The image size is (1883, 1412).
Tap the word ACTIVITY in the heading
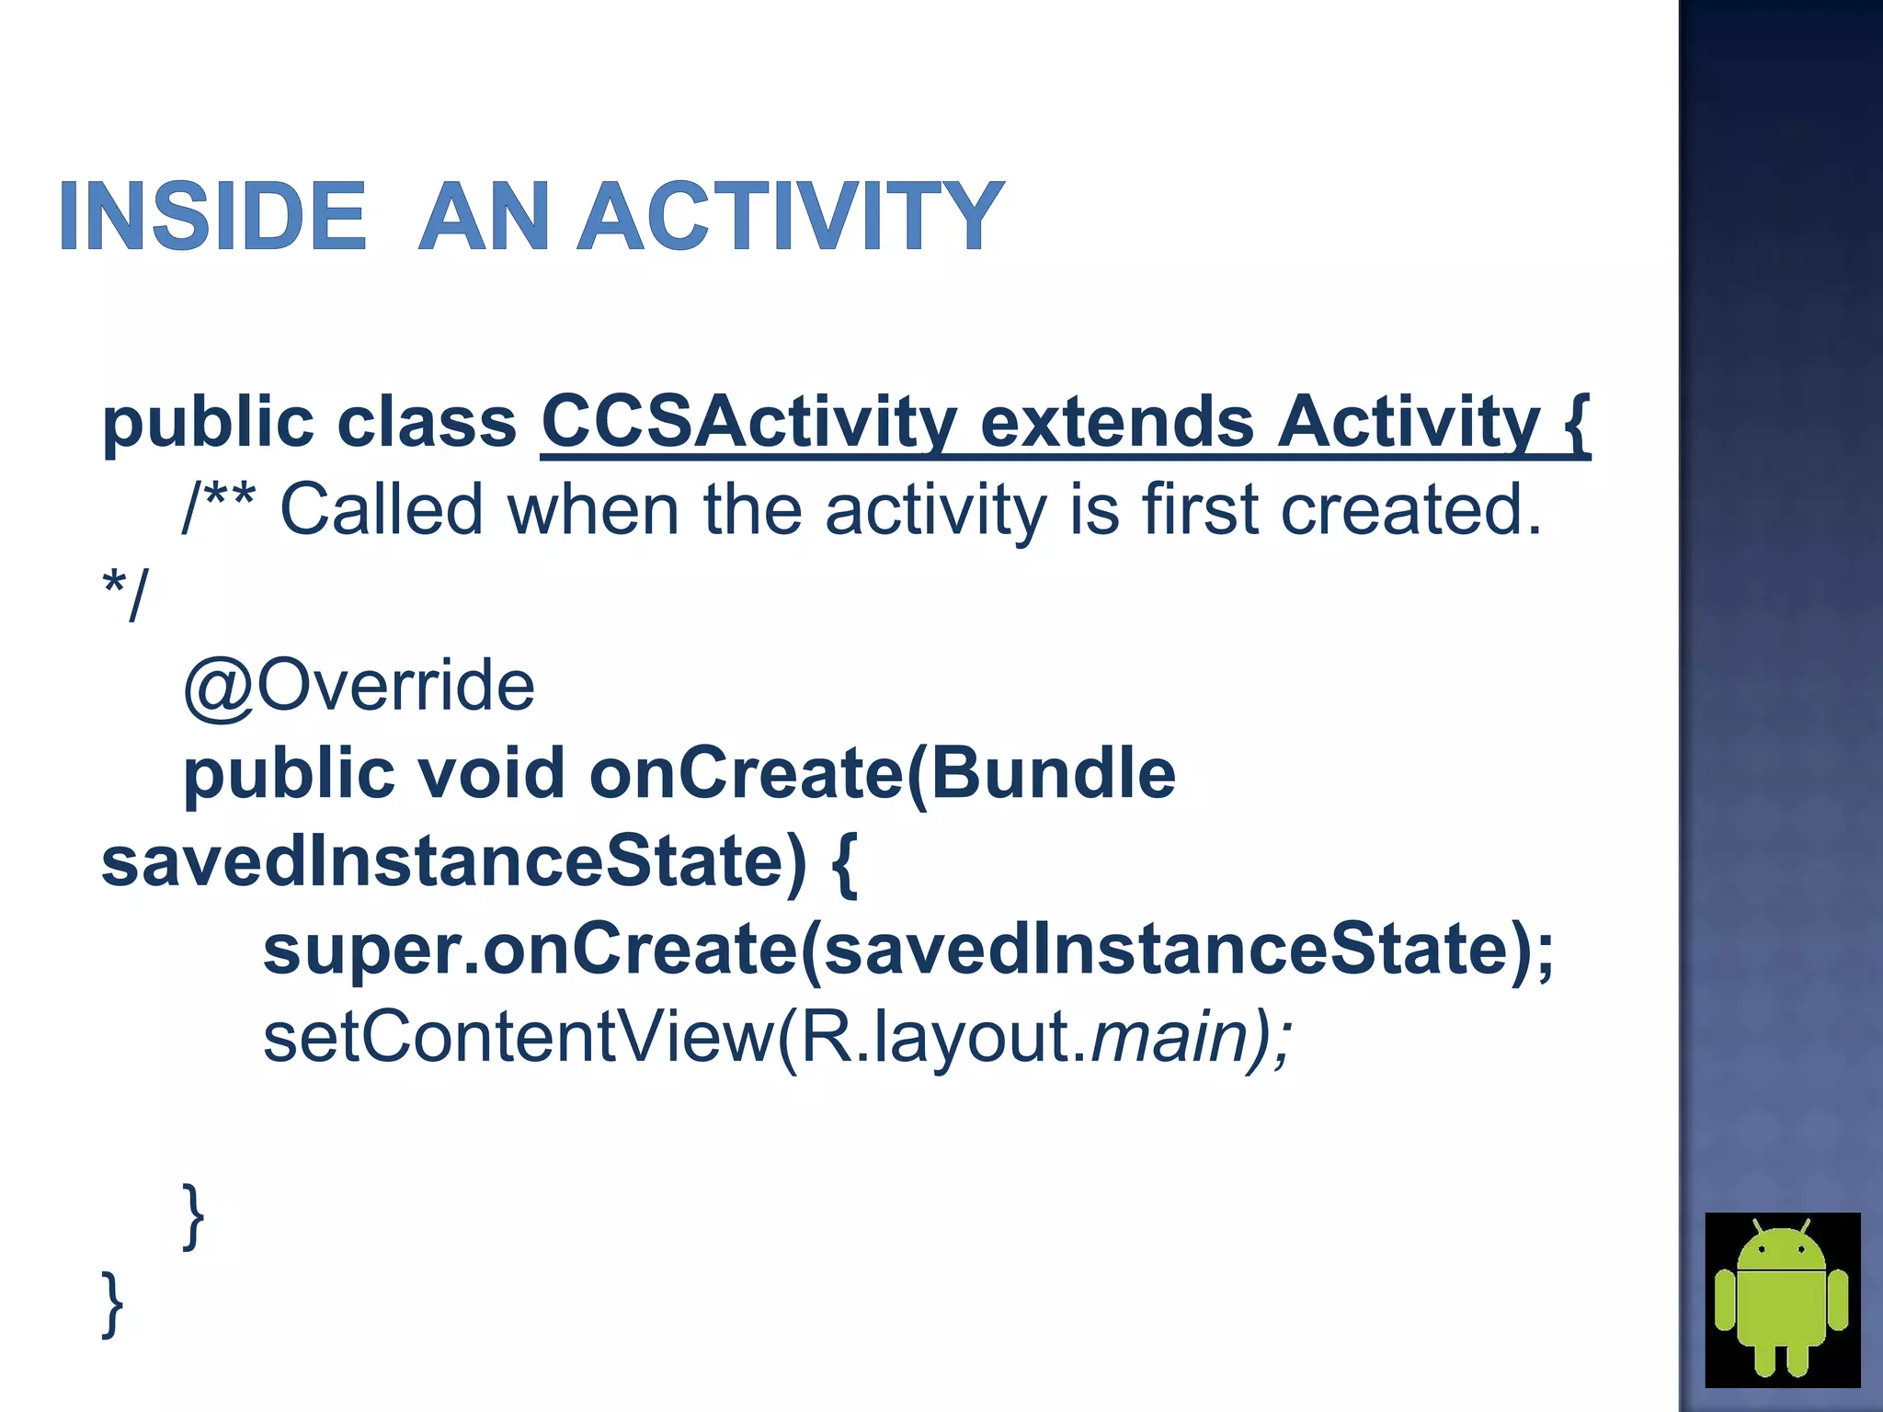[791, 217]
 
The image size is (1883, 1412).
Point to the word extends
[1116, 422]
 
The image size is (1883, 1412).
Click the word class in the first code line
[427, 422]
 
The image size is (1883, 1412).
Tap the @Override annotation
[359, 686]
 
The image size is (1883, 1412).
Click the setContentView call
[519, 1037]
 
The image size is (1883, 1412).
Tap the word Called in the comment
[382, 509]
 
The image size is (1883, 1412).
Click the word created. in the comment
[1410, 509]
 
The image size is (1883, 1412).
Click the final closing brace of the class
[112, 1303]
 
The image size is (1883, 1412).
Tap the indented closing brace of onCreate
[193, 1215]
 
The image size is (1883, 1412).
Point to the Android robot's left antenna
[1757, 1226]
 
